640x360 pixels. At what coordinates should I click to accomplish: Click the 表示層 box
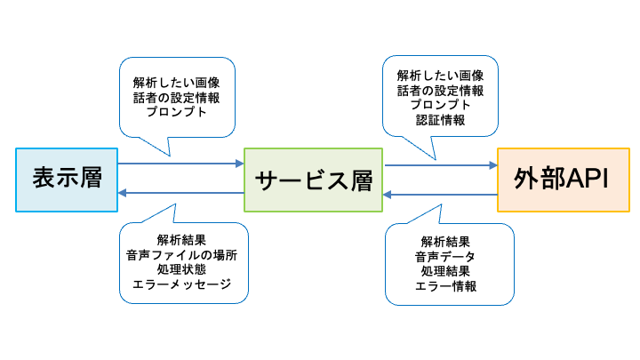pos(67,180)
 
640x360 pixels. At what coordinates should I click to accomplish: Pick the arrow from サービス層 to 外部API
pos(440,165)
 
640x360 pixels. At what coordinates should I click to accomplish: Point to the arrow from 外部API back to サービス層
pos(440,194)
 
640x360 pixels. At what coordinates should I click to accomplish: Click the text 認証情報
pos(440,121)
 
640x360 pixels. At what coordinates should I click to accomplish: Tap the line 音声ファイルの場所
pos(181,254)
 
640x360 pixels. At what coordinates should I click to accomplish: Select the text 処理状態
pos(181,269)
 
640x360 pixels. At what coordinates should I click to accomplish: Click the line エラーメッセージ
pos(181,284)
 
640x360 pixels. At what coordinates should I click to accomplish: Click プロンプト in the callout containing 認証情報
pos(440,106)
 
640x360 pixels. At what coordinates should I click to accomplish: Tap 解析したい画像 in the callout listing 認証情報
pos(440,76)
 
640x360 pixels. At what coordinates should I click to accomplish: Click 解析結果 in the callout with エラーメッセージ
pos(181,239)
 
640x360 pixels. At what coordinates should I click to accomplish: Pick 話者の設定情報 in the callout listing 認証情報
pos(440,91)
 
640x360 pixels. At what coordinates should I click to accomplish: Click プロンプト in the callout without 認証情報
pos(177,113)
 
